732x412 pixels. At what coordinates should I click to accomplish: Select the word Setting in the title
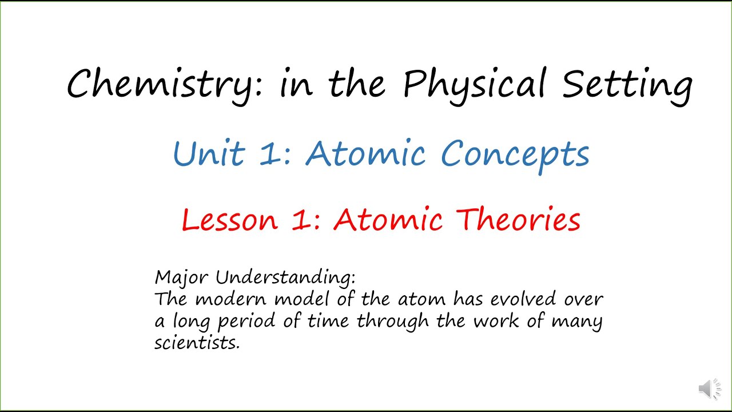coord(627,85)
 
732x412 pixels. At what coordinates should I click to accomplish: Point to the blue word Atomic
coord(366,153)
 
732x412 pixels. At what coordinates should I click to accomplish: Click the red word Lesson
coord(229,220)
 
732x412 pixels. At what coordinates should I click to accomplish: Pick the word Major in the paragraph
coord(182,278)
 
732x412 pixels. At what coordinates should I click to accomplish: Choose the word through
coord(392,322)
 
